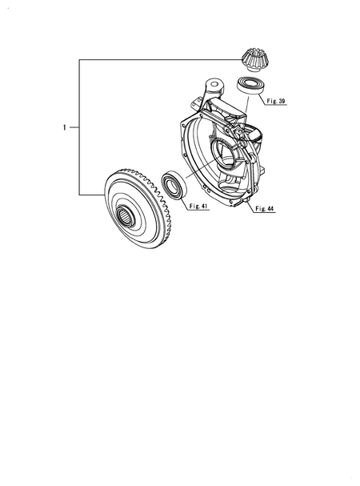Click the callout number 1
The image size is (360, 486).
[65, 127]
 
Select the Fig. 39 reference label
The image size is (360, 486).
[276, 101]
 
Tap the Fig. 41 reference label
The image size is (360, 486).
[198, 206]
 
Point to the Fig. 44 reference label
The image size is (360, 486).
[265, 209]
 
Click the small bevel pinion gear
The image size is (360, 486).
[253, 60]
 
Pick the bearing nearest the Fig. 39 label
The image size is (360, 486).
[250, 84]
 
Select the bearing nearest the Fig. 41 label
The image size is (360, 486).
[174, 187]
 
